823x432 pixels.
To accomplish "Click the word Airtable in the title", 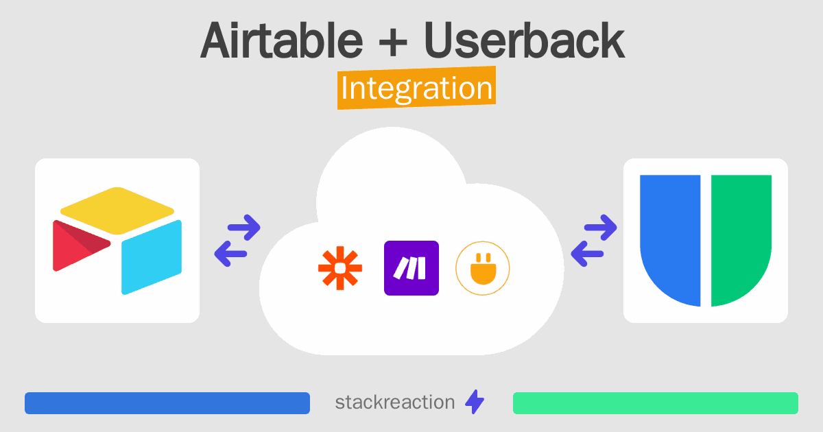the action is click(282, 40).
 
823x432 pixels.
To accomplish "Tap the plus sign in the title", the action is click(393, 43).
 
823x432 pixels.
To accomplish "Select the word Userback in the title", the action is click(524, 40).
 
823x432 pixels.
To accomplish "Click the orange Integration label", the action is click(417, 88).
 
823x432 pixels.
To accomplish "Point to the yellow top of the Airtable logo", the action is click(117, 211).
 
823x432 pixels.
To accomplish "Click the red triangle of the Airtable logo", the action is click(79, 245).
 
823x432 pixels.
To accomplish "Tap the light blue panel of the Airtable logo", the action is click(152, 257).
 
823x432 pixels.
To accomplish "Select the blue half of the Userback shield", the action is click(670, 240).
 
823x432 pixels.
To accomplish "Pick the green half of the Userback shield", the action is click(741, 240).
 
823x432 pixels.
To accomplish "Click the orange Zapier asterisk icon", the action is click(340, 268).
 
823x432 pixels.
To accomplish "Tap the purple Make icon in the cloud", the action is click(411, 268).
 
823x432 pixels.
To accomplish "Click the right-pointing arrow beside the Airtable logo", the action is click(244, 228).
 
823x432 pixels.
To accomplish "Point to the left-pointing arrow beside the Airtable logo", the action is click(230, 254).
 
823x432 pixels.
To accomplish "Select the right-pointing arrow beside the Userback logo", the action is click(600, 228).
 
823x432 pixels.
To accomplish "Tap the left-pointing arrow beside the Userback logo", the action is click(587, 254).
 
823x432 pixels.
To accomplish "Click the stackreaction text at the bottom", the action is click(395, 403).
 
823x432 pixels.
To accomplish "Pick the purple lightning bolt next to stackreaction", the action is click(475, 402).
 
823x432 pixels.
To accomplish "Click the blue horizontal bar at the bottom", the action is click(167, 403).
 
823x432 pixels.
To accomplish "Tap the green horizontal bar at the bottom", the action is click(656, 403).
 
